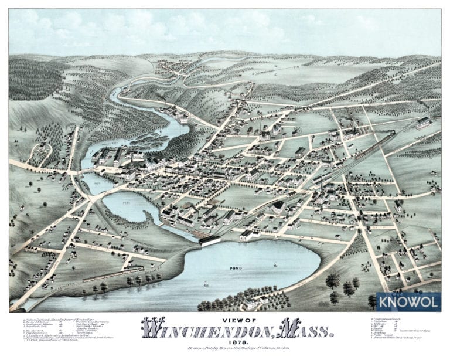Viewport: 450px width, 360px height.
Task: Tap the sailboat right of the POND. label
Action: (275, 266)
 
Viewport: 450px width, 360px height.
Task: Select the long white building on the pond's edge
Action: (209, 240)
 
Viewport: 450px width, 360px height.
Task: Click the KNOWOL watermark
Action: (408, 301)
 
